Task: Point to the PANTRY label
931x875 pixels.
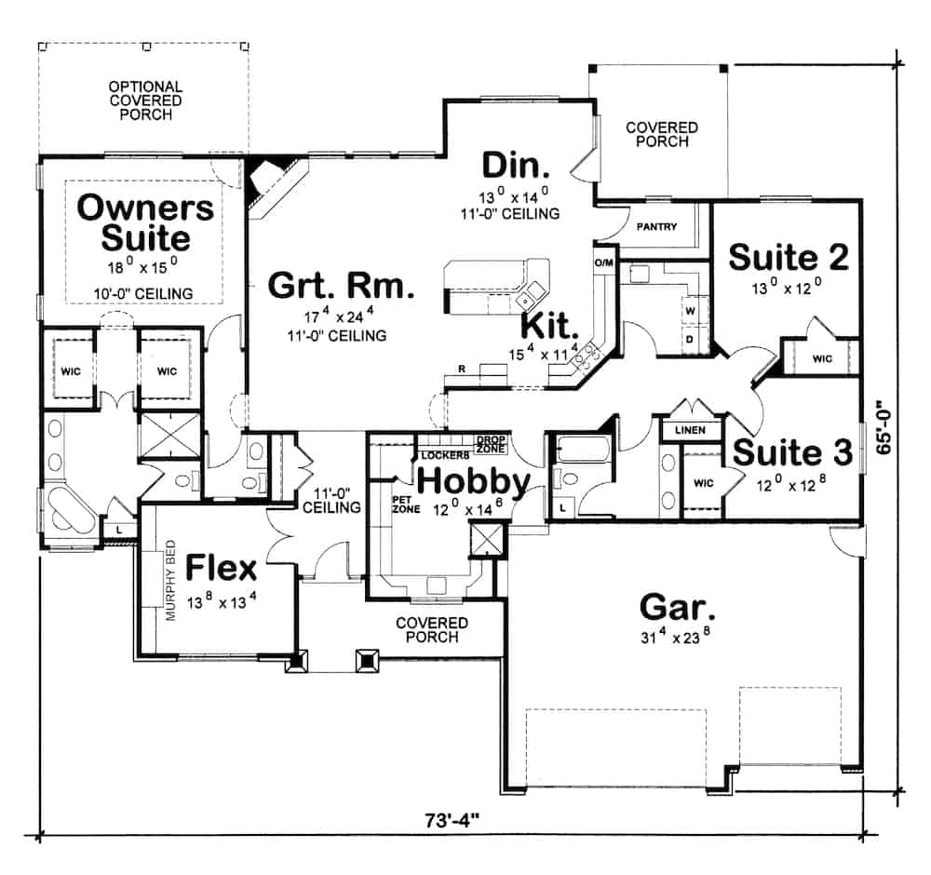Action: [656, 226]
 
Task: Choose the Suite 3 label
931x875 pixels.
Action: [791, 452]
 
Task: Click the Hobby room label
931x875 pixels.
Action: [473, 481]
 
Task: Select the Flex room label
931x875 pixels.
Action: [221, 567]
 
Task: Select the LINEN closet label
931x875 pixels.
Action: [690, 431]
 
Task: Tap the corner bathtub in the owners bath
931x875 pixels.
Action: [68, 511]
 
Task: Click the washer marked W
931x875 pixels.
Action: [692, 308]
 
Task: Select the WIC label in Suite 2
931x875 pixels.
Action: [821, 358]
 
